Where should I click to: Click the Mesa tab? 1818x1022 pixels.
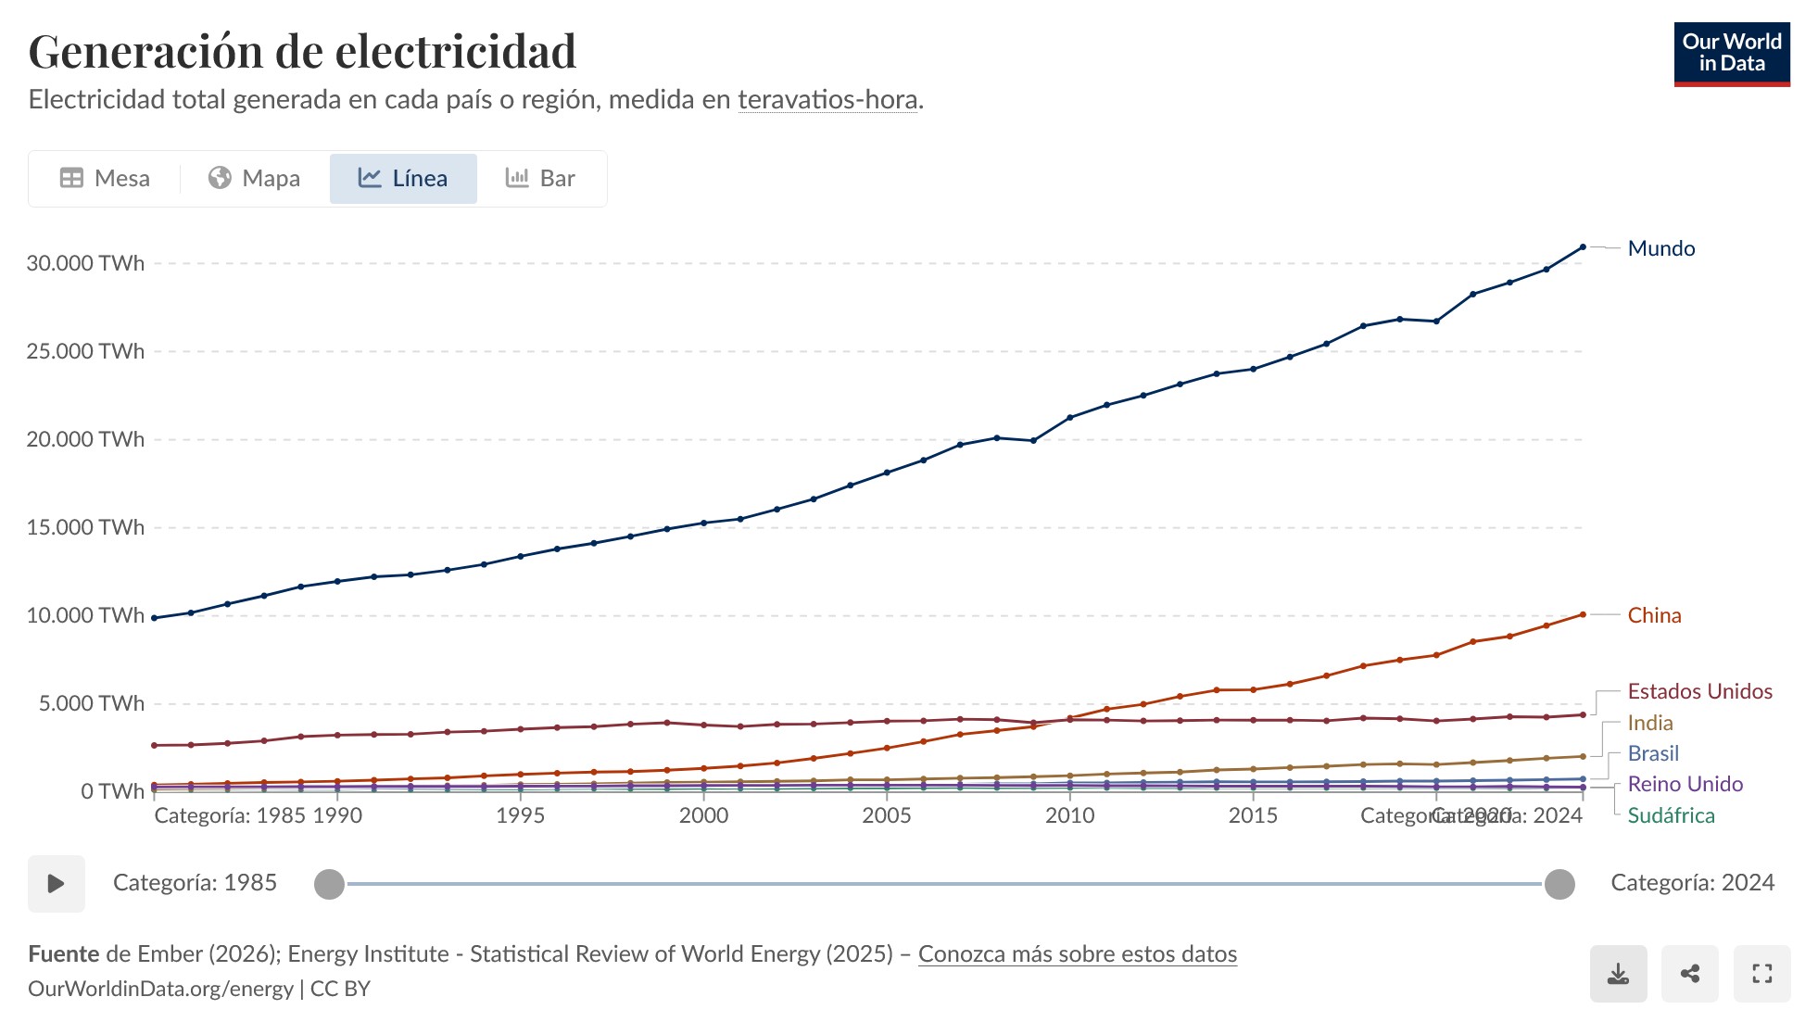click(105, 178)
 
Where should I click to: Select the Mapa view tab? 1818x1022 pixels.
click(254, 178)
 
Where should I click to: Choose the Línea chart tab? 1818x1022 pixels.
click(403, 178)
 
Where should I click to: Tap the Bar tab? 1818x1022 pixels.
click(540, 178)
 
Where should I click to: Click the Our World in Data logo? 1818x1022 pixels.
click(1731, 54)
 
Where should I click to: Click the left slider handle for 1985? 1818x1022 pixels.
click(329, 884)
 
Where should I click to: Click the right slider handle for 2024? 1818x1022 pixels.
click(1559, 884)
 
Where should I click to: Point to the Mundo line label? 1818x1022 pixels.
click(1660, 248)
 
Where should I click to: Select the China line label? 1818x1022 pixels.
click(1654, 615)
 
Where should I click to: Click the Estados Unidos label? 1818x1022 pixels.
click(1699, 691)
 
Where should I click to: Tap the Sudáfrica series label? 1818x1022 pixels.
click(1671, 815)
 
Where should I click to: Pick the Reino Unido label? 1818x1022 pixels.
click(1685, 784)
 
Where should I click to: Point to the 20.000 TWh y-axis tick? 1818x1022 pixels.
click(85, 439)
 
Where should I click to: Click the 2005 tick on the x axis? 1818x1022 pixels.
click(886, 815)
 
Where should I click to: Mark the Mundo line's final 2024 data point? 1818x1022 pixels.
click(1583, 247)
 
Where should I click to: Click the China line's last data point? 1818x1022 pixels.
click(1583, 614)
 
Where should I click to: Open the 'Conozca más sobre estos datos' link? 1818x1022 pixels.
click(1077, 953)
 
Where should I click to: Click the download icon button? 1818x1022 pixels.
click(1618, 974)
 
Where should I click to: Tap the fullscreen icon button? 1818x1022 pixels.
click(1761, 974)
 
